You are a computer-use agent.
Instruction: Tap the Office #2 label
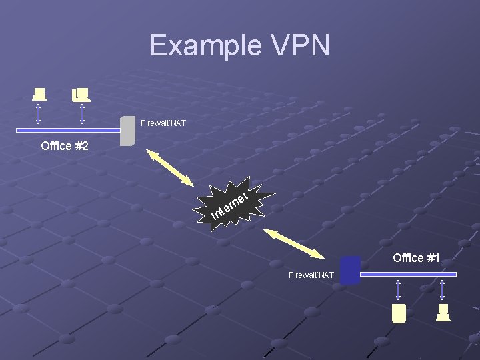tap(65, 146)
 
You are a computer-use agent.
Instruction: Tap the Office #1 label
tap(416, 258)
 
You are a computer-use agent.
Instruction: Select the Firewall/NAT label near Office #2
tap(163, 123)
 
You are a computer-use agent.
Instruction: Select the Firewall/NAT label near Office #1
tap(311, 275)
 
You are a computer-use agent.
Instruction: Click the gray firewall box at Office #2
tap(127, 131)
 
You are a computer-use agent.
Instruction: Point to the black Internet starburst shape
tap(237, 203)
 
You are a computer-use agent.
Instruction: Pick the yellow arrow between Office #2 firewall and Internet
tap(170, 169)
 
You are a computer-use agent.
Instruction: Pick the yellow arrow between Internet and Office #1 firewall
tap(296, 244)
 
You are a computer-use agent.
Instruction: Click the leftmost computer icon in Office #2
tap(40, 94)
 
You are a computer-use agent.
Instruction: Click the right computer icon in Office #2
tap(81, 95)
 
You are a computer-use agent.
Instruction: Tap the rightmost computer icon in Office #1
tap(443, 312)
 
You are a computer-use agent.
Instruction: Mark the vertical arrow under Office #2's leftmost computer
tap(39, 113)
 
